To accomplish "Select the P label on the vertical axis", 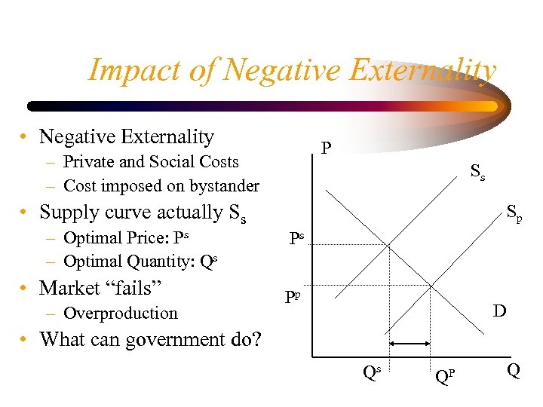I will [325, 147].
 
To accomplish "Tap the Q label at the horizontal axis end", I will [513, 371].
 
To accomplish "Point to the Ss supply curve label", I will [477, 172].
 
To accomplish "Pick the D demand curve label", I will [499, 310].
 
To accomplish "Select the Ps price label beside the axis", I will [296, 240].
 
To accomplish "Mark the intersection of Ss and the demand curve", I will [388, 243].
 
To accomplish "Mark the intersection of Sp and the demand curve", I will [430, 286].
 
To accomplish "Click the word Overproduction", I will [121, 313].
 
